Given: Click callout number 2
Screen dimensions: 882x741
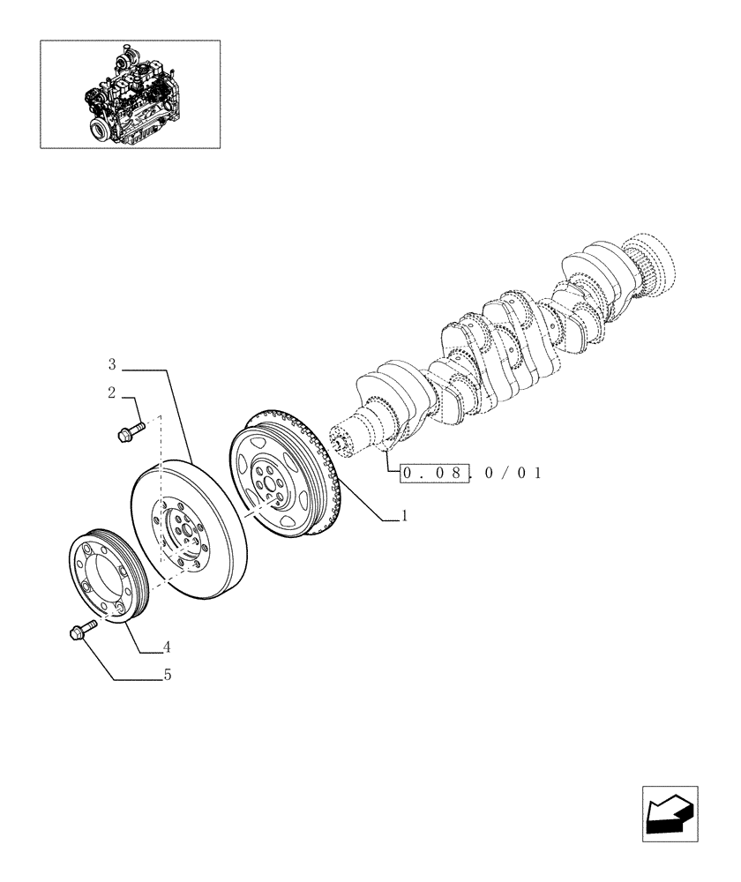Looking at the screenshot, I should pos(112,393).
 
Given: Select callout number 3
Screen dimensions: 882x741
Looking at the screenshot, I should pos(112,363).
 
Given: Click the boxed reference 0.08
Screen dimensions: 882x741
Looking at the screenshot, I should pos(432,474).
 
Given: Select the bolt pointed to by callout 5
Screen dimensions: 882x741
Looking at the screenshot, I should pos(77,631).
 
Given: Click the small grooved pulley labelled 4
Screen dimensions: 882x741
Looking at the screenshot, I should pos(110,575).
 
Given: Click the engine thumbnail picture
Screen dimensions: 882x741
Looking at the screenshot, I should pos(130,93).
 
